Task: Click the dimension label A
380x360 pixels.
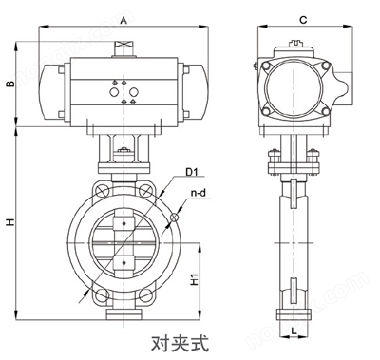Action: (x=123, y=19)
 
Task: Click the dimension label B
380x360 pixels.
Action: (x=10, y=85)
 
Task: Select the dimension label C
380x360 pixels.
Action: (x=301, y=19)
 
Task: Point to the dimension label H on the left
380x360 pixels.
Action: (x=10, y=222)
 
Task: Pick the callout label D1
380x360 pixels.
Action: (x=190, y=172)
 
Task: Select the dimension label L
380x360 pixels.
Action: (x=295, y=331)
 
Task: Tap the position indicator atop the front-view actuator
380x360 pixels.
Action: (x=123, y=47)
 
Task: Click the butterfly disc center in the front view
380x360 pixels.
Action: (x=123, y=245)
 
